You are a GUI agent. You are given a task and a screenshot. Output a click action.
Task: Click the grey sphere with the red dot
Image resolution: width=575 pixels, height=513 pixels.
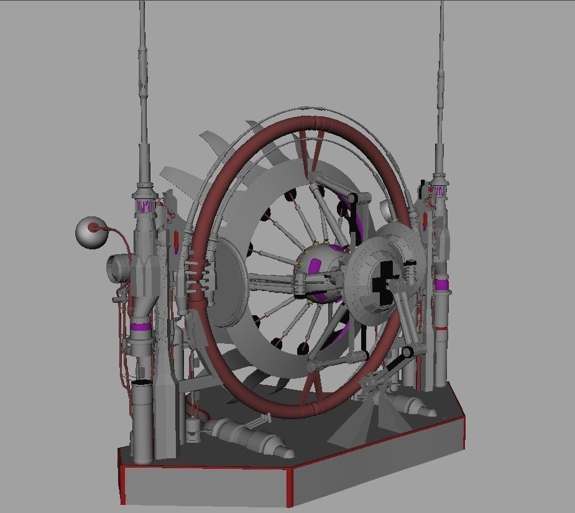coord(91,231)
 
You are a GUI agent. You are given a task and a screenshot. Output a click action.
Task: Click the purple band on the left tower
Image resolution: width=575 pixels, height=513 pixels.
coord(142,327)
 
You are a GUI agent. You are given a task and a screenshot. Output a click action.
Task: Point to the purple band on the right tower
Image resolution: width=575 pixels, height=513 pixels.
coord(441,285)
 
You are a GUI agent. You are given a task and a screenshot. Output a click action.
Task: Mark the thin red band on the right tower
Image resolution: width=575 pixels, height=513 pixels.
coord(441,327)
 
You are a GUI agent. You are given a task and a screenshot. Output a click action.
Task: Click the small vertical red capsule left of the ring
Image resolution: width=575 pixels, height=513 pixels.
coord(177,240)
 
